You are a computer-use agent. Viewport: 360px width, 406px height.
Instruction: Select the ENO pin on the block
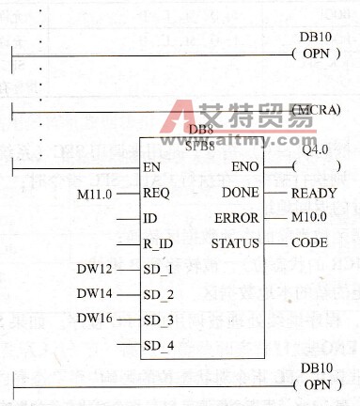pyautogui.click(x=244, y=167)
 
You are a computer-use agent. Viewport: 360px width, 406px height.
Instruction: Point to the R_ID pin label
pyautogui.click(x=158, y=244)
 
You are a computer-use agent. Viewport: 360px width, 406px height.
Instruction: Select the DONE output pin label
pyautogui.click(x=241, y=193)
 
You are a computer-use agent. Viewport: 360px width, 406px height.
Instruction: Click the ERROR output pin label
pyautogui.click(x=238, y=218)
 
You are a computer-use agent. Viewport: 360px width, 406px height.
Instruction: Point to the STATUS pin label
pyautogui.click(x=234, y=243)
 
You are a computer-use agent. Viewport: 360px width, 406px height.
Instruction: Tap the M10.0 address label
pyautogui.click(x=309, y=218)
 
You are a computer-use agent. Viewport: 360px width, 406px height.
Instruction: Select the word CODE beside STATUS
pyautogui.click(x=309, y=243)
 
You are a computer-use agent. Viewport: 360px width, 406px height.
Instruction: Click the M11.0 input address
pyautogui.click(x=94, y=194)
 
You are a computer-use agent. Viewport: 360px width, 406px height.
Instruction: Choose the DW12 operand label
pyautogui.click(x=94, y=270)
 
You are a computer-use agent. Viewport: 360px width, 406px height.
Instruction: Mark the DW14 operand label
pyautogui.click(x=94, y=294)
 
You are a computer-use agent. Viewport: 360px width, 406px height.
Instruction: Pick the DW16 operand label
pyautogui.click(x=94, y=319)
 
